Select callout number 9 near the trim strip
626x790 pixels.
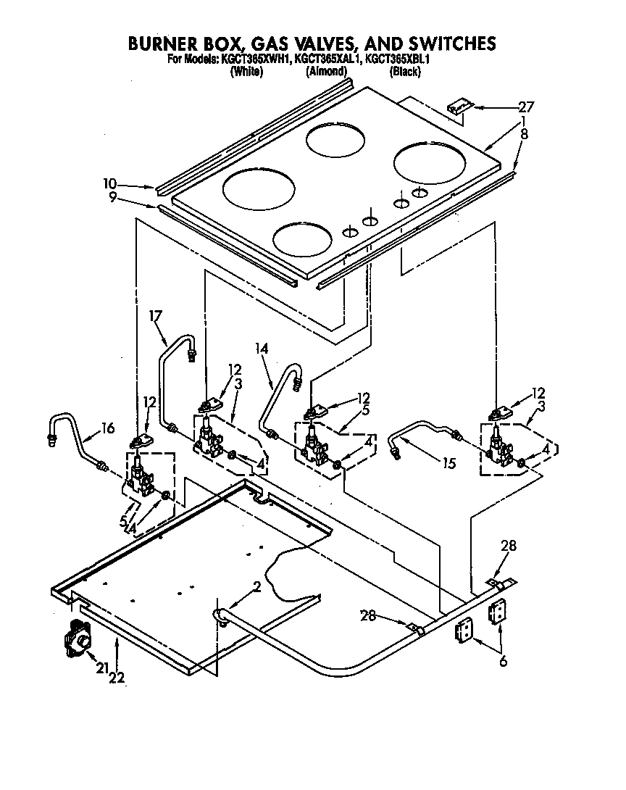click(x=113, y=197)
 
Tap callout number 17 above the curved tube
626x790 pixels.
click(x=155, y=316)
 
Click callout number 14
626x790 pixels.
click(x=261, y=349)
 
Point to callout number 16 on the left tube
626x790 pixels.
click(x=107, y=428)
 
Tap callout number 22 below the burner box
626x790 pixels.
click(x=117, y=678)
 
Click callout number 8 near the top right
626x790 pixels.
click(x=524, y=133)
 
